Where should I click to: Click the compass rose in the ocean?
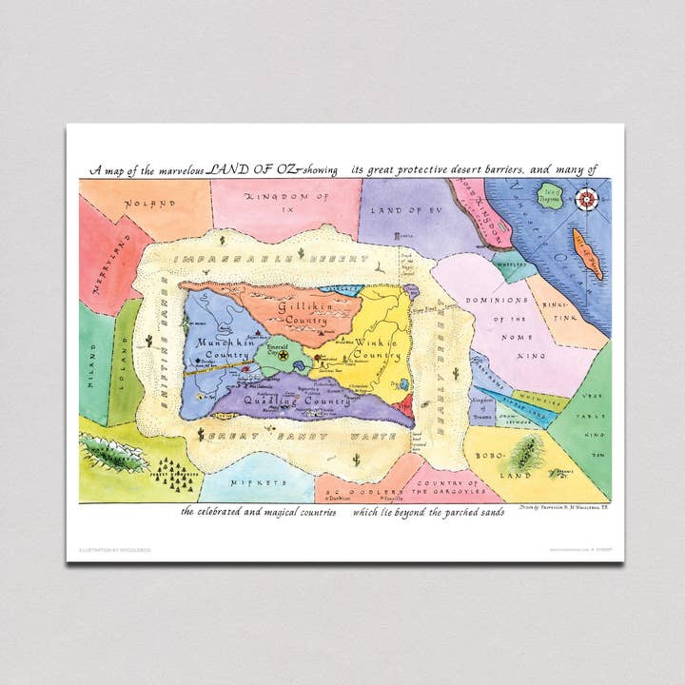[x=587, y=199]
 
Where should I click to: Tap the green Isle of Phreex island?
[x=549, y=197]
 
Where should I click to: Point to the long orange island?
[x=587, y=252]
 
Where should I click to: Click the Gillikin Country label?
[x=303, y=313]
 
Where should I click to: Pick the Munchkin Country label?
[x=224, y=348]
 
